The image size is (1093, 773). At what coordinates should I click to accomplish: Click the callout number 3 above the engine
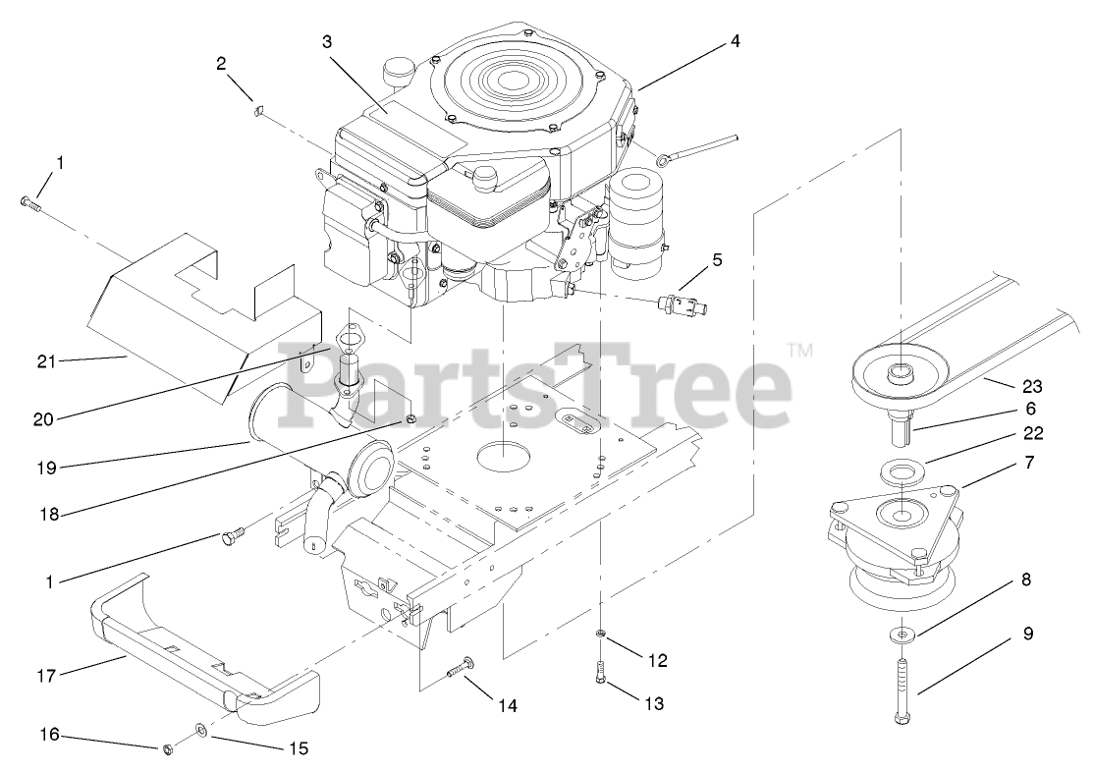pos(327,41)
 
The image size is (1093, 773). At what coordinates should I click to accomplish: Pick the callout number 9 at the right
pos(1027,634)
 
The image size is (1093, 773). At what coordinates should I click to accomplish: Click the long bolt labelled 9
pos(902,688)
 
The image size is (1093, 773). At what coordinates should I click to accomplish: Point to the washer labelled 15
pos(201,729)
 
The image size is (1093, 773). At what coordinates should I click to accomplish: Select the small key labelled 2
pos(257,110)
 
